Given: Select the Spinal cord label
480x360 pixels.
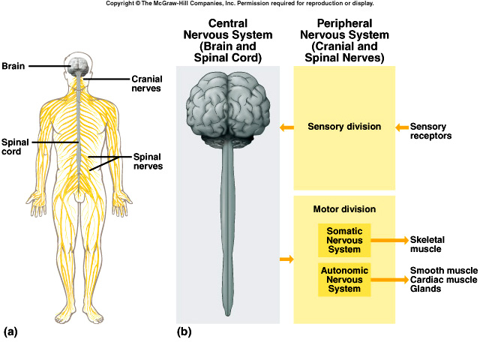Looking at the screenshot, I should point(15,145).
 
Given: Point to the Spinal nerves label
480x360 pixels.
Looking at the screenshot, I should point(148,161).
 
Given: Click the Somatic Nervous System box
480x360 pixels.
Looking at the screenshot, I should point(344,239).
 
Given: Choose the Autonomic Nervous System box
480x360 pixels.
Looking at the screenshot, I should point(344,279).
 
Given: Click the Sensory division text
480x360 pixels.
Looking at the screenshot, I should point(344,127).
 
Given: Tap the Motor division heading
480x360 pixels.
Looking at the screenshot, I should point(344,209).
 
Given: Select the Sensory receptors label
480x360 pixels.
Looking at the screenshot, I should point(433,132).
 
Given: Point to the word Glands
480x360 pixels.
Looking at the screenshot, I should point(426,289).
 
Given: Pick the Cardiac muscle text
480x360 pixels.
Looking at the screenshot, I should point(443,280).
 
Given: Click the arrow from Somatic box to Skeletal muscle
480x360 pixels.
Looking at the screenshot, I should point(388,240).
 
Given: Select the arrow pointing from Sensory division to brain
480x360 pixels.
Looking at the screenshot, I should point(286,127).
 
